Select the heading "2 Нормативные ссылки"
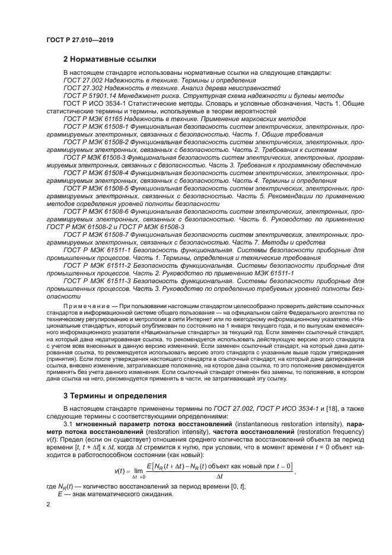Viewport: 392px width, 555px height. click(x=110, y=59)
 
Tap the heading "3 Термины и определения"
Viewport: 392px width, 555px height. click(x=115, y=395)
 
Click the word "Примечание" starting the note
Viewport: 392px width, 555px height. click(x=87, y=306)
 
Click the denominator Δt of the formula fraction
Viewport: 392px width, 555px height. click(x=219, y=476)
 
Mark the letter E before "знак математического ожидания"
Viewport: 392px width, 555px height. click(x=59, y=493)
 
